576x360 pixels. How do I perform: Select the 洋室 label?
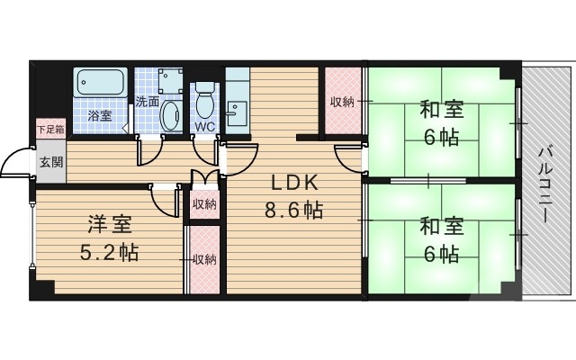point(107,222)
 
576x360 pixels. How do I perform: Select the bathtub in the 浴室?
point(102,86)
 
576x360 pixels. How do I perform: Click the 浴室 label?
point(100,116)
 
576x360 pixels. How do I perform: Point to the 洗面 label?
point(148,102)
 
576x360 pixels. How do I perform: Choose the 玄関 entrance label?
point(50,163)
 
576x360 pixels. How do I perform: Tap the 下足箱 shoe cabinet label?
point(50,129)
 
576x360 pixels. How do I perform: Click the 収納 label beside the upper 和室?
point(342,102)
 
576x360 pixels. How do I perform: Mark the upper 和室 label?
point(441,111)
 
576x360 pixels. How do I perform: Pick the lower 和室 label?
point(441,225)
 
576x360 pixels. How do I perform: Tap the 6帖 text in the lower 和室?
point(441,254)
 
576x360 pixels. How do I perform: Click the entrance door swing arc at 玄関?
point(13,162)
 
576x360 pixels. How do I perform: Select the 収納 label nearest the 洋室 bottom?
point(204,259)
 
